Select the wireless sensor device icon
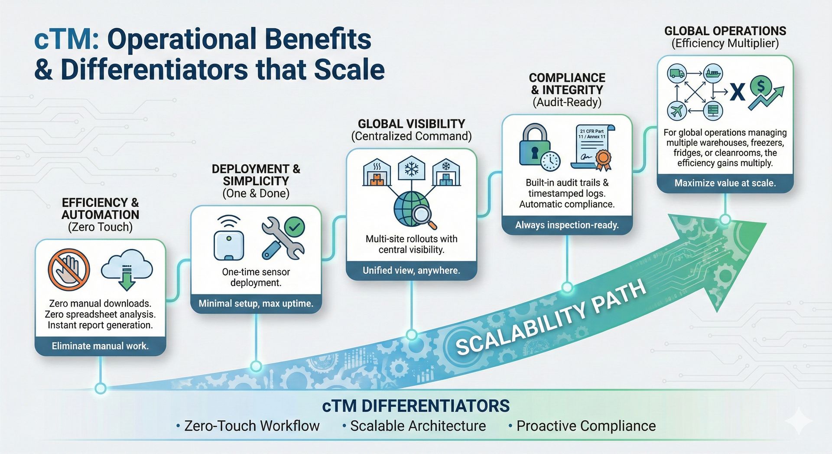click(228, 238)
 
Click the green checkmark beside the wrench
click(295, 226)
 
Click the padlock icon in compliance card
click(535, 145)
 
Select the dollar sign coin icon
click(761, 86)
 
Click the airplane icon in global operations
click(676, 111)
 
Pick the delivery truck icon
click(677, 73)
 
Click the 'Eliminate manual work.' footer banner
click(100, 346)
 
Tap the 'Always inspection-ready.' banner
click(567, 225)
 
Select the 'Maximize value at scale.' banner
click(725, 183)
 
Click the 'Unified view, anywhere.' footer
click(411, 271)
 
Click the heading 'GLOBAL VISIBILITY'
click(411, 124)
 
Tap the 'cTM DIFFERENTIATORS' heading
click(416, 406)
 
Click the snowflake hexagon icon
click(411, 169)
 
